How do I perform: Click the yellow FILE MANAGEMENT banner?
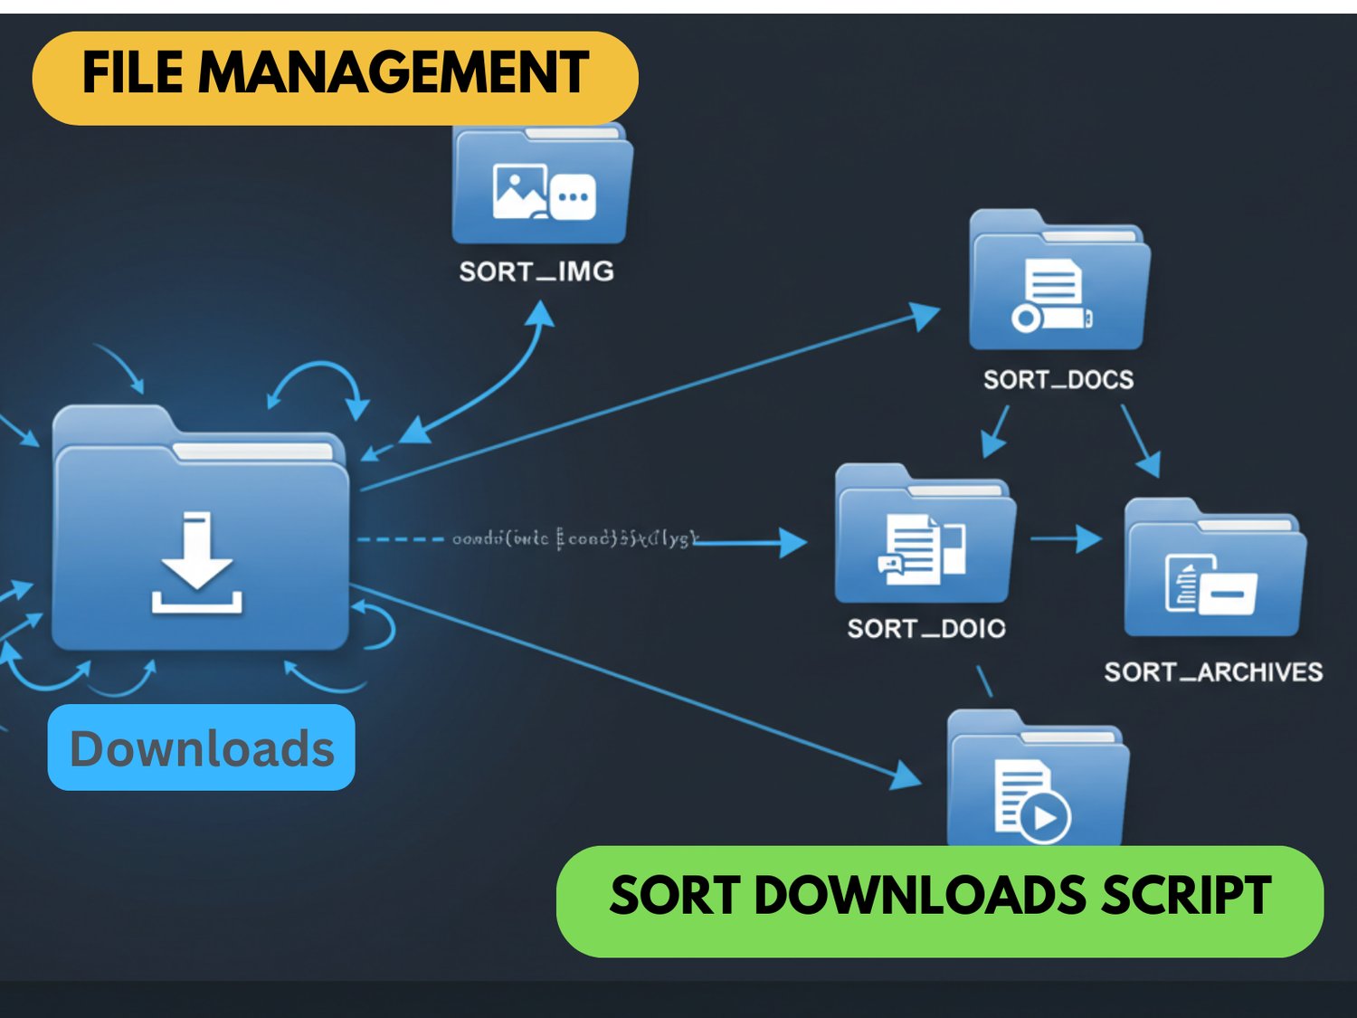(335, 77)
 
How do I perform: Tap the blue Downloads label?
(201, 747)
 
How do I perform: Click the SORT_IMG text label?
(536, 271)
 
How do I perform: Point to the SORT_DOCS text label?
(1058, 379)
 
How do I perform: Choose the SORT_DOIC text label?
(926, 628)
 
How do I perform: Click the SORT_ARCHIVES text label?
(1213, 671)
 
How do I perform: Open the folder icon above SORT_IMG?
(542, 186)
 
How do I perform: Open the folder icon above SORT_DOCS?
(1058, 281)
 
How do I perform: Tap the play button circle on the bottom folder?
(1046, 817)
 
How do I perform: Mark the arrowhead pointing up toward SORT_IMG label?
(541, 312)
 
